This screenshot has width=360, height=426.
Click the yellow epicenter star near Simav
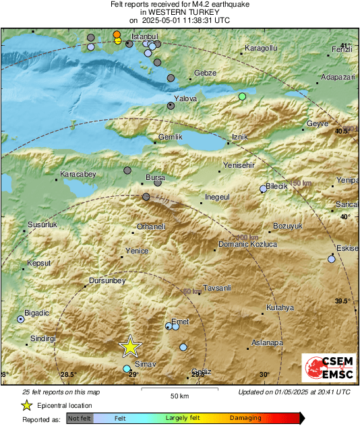[130, 346]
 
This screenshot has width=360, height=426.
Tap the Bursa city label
[155, 178]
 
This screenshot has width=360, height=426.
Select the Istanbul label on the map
[144, 35]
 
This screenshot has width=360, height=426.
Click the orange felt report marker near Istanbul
[117, 34]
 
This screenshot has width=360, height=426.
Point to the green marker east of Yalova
[243, 97]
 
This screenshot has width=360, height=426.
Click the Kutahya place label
[280, 308]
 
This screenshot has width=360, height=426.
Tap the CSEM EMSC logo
[326, 367]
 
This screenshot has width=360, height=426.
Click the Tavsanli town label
[217, 288]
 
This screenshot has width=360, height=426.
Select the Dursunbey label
[108, 280]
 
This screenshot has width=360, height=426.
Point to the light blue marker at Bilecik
[264, 189]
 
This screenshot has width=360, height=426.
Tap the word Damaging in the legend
[245, 419]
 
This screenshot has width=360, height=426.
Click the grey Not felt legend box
[80, 419]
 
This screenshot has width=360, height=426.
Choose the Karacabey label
[79, 174]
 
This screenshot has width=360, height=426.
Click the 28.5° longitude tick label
[68, 375]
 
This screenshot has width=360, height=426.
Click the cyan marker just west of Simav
[127, 369]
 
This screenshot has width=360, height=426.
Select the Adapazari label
[338, 78]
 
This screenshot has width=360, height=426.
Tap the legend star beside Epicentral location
[26, 405]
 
